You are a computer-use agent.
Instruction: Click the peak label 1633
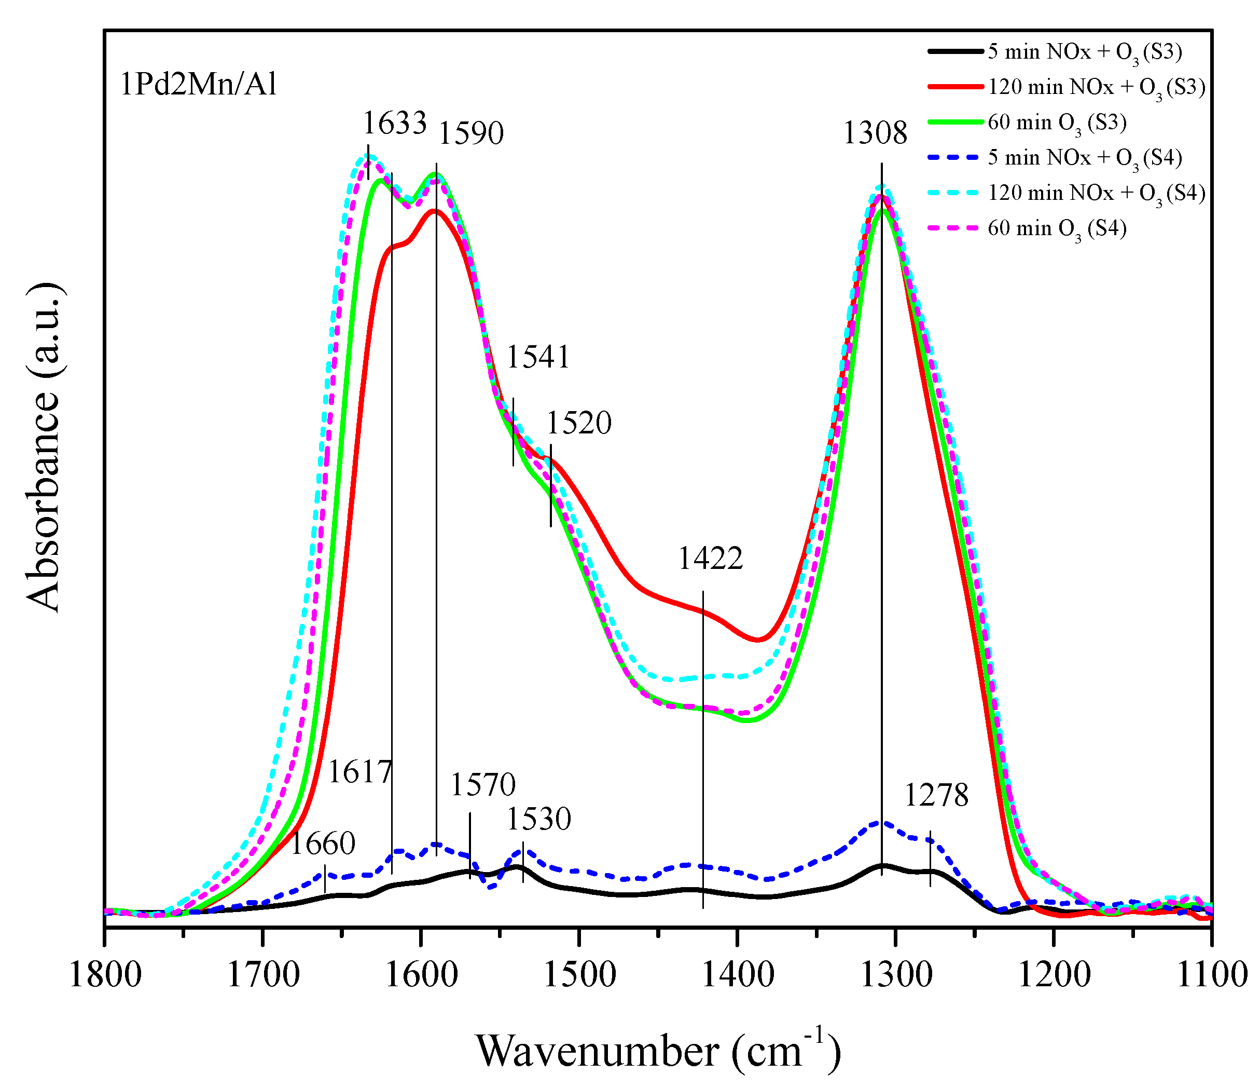click(395, 123)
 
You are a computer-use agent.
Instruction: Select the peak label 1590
click(472, 133)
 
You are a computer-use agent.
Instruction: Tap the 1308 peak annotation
click(875, 133)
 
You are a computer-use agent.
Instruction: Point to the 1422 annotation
click(710, 558)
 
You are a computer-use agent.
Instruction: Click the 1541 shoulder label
click(538, 357)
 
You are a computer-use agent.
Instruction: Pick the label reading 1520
click(579, 423)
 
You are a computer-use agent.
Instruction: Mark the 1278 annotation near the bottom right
click(936, 795)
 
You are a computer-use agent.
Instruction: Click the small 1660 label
click(323, 844)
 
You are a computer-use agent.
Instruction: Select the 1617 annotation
click(360, 772)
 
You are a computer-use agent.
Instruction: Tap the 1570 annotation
click(483, 784)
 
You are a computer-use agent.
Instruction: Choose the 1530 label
click(539, 819)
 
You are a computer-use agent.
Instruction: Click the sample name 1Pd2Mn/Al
click(198, 84)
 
